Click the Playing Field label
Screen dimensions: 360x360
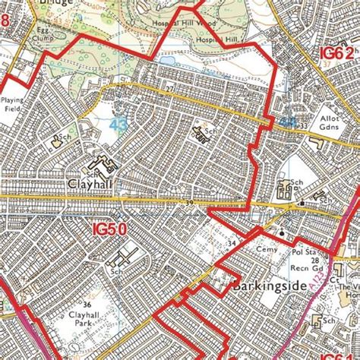(13, 105)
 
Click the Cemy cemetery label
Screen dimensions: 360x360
(264, 248)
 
